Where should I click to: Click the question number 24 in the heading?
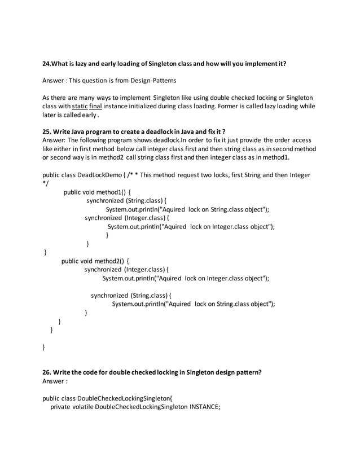[x=47, y=64]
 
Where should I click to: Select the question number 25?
[x=47, y=131]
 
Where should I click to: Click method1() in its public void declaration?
[x=112, y=192]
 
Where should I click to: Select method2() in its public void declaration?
[x=110, y=261]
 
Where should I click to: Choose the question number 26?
[x=47, y=372]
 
